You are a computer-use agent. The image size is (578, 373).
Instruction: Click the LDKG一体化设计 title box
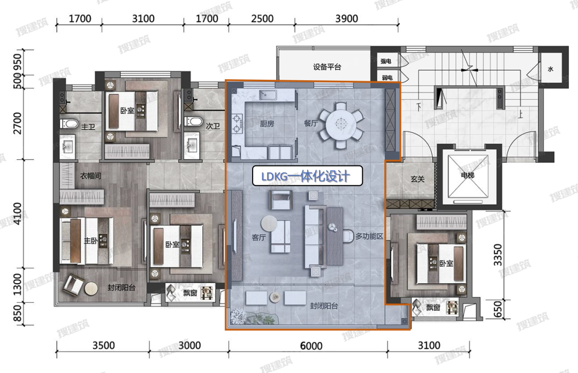point(307,176)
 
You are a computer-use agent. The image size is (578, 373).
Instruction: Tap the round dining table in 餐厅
point(341,123)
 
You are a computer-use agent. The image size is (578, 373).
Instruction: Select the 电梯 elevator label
point(467,175)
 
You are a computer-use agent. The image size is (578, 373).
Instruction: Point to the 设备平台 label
point(327,67)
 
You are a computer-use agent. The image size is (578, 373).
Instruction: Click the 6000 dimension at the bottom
point(311,346)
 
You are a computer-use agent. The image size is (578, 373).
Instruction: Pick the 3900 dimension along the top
point(346,18)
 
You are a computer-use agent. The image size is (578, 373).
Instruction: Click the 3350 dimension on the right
point(498,254)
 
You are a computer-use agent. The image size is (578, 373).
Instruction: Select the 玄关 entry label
point(417,179)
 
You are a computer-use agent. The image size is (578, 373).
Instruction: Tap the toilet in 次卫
point(194,121)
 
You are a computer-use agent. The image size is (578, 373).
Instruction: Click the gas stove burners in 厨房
point(237,124)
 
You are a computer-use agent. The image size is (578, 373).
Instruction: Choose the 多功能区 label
point(369,236)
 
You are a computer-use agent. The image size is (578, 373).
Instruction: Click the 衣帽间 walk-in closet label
point(90,176)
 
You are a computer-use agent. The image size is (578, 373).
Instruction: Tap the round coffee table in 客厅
point(269,223)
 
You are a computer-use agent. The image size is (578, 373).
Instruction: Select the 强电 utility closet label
point(386,61)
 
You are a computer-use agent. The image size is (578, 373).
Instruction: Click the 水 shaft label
point(551,69)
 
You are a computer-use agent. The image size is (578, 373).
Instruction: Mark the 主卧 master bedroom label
point(90,241)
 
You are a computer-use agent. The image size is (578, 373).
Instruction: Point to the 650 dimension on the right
point(498,309)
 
